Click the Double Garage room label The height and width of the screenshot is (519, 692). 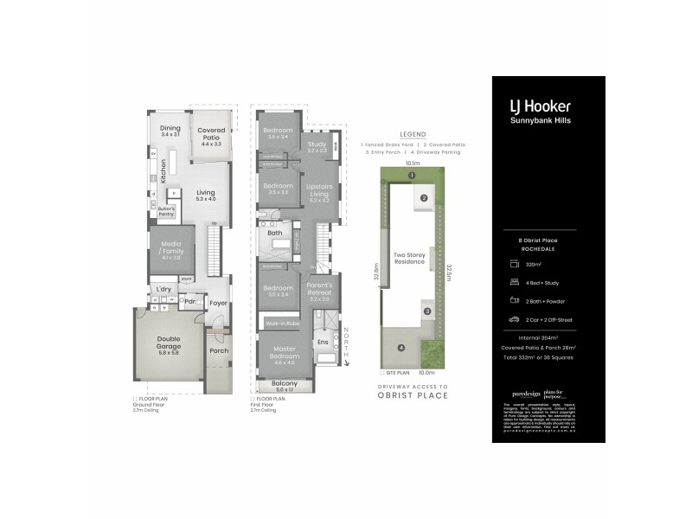[169, 344]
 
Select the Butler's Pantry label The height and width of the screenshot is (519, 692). [166, 210]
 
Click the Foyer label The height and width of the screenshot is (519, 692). [218, 304]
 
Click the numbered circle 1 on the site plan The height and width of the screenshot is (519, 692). [413, 176]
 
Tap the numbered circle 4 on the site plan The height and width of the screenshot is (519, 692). [400, 349]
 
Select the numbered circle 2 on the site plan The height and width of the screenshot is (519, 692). [424, 198]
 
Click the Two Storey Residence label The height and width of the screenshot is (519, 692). [410, 258]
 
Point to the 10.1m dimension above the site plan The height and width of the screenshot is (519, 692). [412, 163]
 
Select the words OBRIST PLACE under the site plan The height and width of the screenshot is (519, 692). [413, 395]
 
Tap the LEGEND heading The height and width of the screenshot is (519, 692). [412, 135]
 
